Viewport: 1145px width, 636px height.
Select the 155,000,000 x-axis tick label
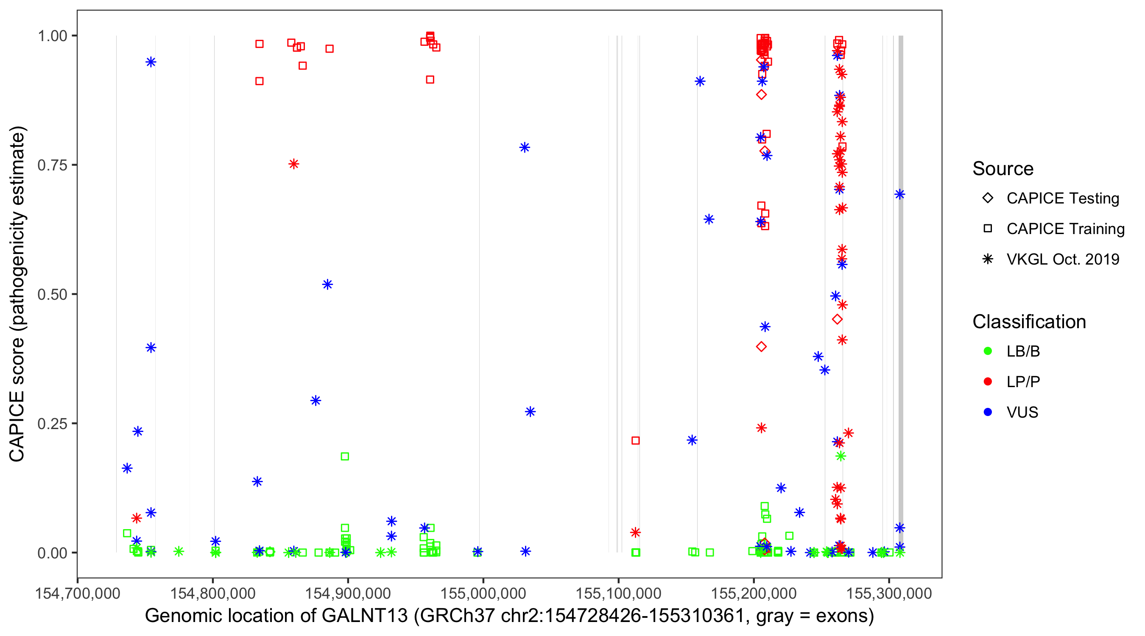pyautogui.click(x=483, y=593)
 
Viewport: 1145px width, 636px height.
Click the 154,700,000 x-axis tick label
pyautogui.click(x=78, y=593)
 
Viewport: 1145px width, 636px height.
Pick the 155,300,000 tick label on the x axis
pyautogui.click(x=888, y=593)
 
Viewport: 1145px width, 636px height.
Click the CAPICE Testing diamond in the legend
pyautogui.click(x=988, y=198)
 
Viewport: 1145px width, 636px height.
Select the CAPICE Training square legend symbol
pyautogui.click(x=988, y=229)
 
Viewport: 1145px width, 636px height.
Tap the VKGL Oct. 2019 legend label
pyautogui.click(x=1063, y=259)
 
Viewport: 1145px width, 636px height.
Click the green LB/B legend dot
pyautogui.click(x=988, y=351)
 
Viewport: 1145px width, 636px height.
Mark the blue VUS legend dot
pyautogui.click(x=988, y=413)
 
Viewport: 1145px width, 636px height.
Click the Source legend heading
pyautogui.click(x=1003, y=169)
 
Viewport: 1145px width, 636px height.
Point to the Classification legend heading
pyautogui.click(x=1029, y=322)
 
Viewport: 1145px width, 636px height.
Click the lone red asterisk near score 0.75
pyautogui.click(x=293, y=165)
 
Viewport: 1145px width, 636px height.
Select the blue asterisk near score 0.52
pyautogui.click(x=327, y=285)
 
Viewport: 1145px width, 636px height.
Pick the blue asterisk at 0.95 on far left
pyautogui.click(x=151, y=62)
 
